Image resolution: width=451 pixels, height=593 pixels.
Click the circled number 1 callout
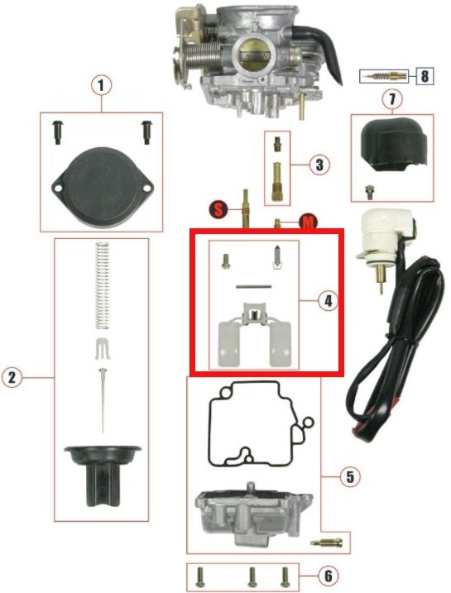[101, 86]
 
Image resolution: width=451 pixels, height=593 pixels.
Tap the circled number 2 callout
[12, 378]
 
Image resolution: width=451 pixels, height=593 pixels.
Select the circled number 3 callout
[319, 165]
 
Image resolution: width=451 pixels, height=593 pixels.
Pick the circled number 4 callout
[327, 301]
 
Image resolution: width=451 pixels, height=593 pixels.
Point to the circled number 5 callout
[350, 477]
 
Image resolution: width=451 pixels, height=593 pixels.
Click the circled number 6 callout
[328, 576]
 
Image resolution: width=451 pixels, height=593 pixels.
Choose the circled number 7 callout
[392, 99]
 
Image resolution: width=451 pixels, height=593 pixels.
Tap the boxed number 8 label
[425, 76]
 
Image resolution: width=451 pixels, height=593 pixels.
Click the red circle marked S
[218, 209]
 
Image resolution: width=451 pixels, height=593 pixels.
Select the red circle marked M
[308, 222]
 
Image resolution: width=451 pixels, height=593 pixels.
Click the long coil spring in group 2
[102, 286]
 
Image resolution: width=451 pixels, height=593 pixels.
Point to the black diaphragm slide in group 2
[102, 476]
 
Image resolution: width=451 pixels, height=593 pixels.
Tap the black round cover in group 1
[102, 188]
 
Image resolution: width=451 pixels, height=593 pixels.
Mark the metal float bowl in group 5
[253, 513]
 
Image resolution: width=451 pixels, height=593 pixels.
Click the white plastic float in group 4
[255, 334]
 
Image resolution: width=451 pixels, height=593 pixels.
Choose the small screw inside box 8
[384, 77]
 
